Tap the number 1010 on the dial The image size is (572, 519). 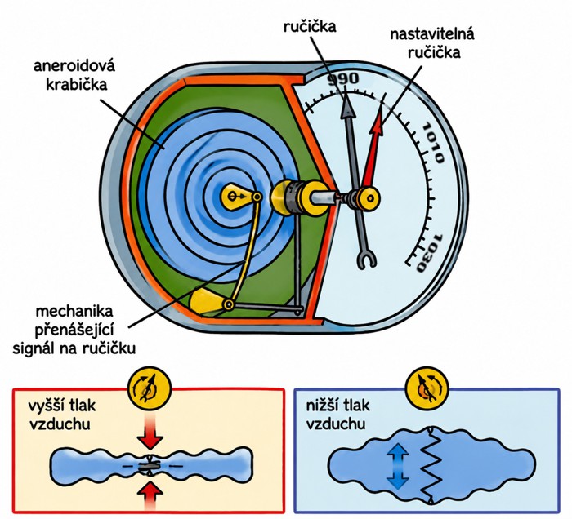coord(433,143)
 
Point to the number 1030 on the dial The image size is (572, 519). coord(430,253)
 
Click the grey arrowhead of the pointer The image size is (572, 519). coord(347,105)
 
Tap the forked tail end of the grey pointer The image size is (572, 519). coord(366,258)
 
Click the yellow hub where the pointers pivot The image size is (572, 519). coord(369,199)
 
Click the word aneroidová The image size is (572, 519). coord(74,66)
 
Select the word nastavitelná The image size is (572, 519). coord(432,34)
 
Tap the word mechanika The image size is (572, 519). coord(74,312)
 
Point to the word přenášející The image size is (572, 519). coord(74,330)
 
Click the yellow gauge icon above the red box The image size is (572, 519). coord(150,389)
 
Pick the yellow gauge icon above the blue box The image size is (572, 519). coord(427,389)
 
